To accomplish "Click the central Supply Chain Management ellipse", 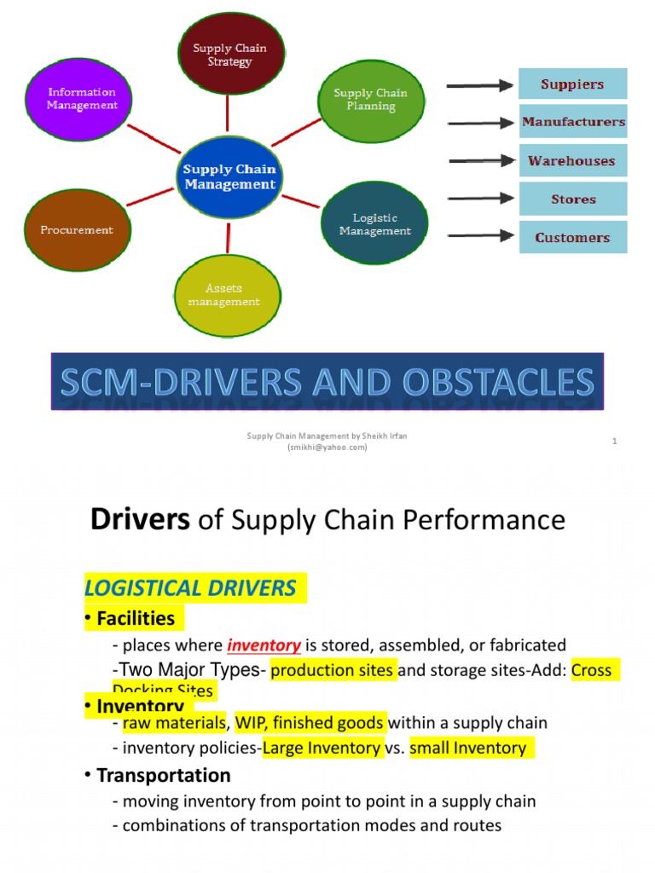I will [229, 176].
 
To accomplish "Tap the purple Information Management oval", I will [82, 98].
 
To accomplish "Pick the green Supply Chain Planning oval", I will [370, 100].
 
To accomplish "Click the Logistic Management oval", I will [374, 224].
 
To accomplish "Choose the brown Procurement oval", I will [77, 229].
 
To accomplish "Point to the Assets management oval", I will [223, 294].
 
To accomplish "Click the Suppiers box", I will [572, 84].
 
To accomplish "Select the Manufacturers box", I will [572, 122].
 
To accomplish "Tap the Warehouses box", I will [572, 160].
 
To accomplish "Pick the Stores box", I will [572, 199].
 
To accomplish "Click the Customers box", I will [572, 237].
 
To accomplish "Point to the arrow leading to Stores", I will [480, 199].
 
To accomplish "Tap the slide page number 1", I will [614, 441].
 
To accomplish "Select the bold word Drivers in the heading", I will [140, 519].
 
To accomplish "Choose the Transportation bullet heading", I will [163, 775].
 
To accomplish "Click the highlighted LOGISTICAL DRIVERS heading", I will [190, 587].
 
